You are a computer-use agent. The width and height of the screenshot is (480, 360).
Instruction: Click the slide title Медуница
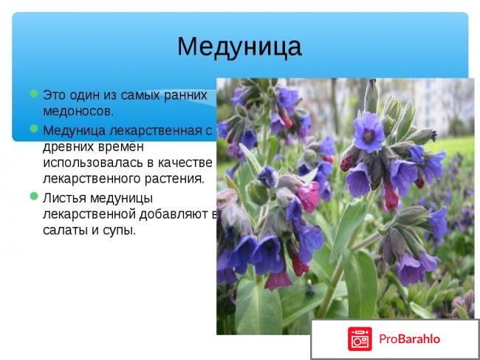(x=239, y=46)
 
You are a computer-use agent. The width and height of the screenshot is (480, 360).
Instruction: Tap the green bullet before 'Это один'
(x=34, y=95)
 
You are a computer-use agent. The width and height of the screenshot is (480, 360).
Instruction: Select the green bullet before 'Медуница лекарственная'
(x=34, y=129)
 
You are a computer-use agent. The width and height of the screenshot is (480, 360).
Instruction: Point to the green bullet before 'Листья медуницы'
(x=34, y=197)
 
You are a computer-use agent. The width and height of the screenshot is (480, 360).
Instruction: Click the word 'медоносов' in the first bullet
(x=78, y=112)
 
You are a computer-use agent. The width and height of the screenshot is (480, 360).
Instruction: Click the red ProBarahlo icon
(x=360, y=339)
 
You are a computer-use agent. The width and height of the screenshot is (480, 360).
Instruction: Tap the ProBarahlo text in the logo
(x=409, y=339)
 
